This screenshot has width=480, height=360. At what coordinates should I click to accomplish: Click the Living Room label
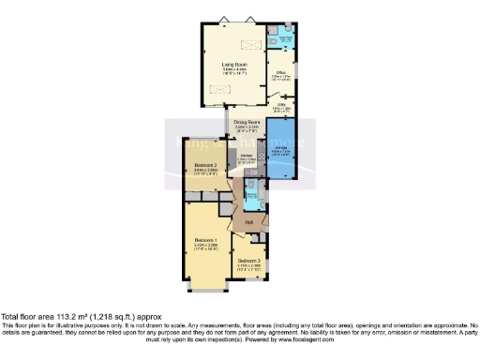click(x=221, y=64)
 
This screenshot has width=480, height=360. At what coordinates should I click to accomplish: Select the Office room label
click(x=280, y=72)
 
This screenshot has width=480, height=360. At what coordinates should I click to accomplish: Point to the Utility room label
click(x=280, y=106)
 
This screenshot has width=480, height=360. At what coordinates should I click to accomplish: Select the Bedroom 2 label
click(x=206, y=167)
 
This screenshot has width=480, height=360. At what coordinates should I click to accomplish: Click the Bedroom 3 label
click(x=249, y=261)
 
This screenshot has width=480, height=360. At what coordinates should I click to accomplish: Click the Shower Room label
click(x=283, y=38)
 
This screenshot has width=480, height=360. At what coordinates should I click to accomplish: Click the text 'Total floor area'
click(x=28, y=316)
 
